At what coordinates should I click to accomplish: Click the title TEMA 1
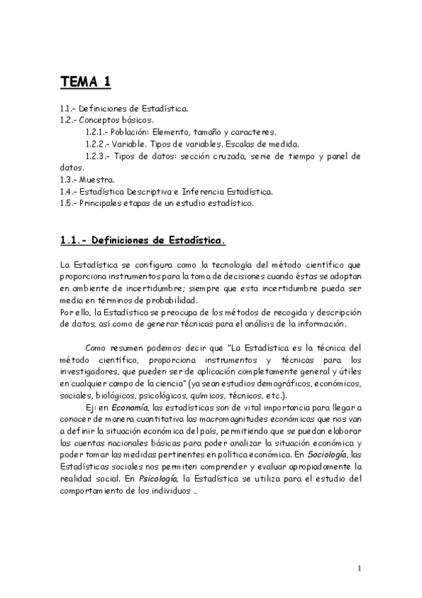(x=85, y=83)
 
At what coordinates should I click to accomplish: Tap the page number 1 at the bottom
(x=359, y=568)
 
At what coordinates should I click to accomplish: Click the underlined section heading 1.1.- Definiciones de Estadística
(x=143, y=241)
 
